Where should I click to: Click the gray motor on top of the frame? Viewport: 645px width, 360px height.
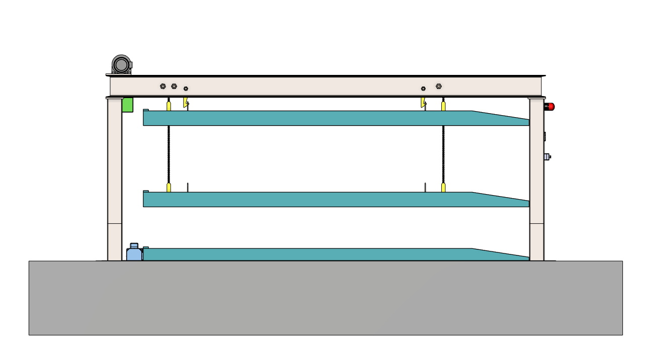click(121, 64)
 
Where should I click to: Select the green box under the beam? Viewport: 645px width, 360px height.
click(127, 105)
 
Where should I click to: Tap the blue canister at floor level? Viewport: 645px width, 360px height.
click(134, 253)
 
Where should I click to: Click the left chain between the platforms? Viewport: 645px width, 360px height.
click(169, 153)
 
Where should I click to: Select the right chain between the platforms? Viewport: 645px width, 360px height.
click(443, 153)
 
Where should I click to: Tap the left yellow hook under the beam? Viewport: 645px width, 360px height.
click(186, 103)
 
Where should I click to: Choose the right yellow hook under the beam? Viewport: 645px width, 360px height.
click(423, 103)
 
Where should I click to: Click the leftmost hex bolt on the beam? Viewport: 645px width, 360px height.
click(163, 86)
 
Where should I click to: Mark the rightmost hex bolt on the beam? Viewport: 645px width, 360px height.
click(439, 86)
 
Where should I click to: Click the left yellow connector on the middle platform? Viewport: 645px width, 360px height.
click(169, 188)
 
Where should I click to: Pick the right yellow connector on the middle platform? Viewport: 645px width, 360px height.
click(443, 188)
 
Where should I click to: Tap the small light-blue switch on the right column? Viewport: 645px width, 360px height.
click(546, 157)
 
